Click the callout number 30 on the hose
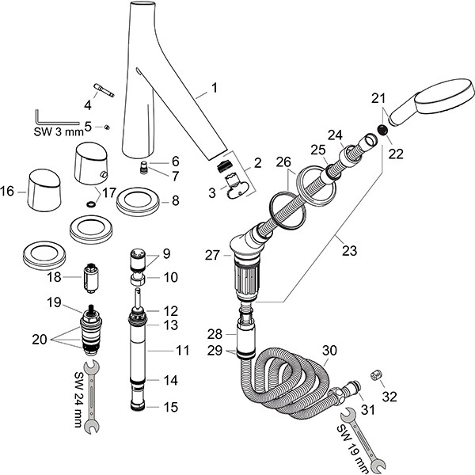pos(331,350)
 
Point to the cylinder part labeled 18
pos(94,279)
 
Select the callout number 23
pos(349,251)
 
